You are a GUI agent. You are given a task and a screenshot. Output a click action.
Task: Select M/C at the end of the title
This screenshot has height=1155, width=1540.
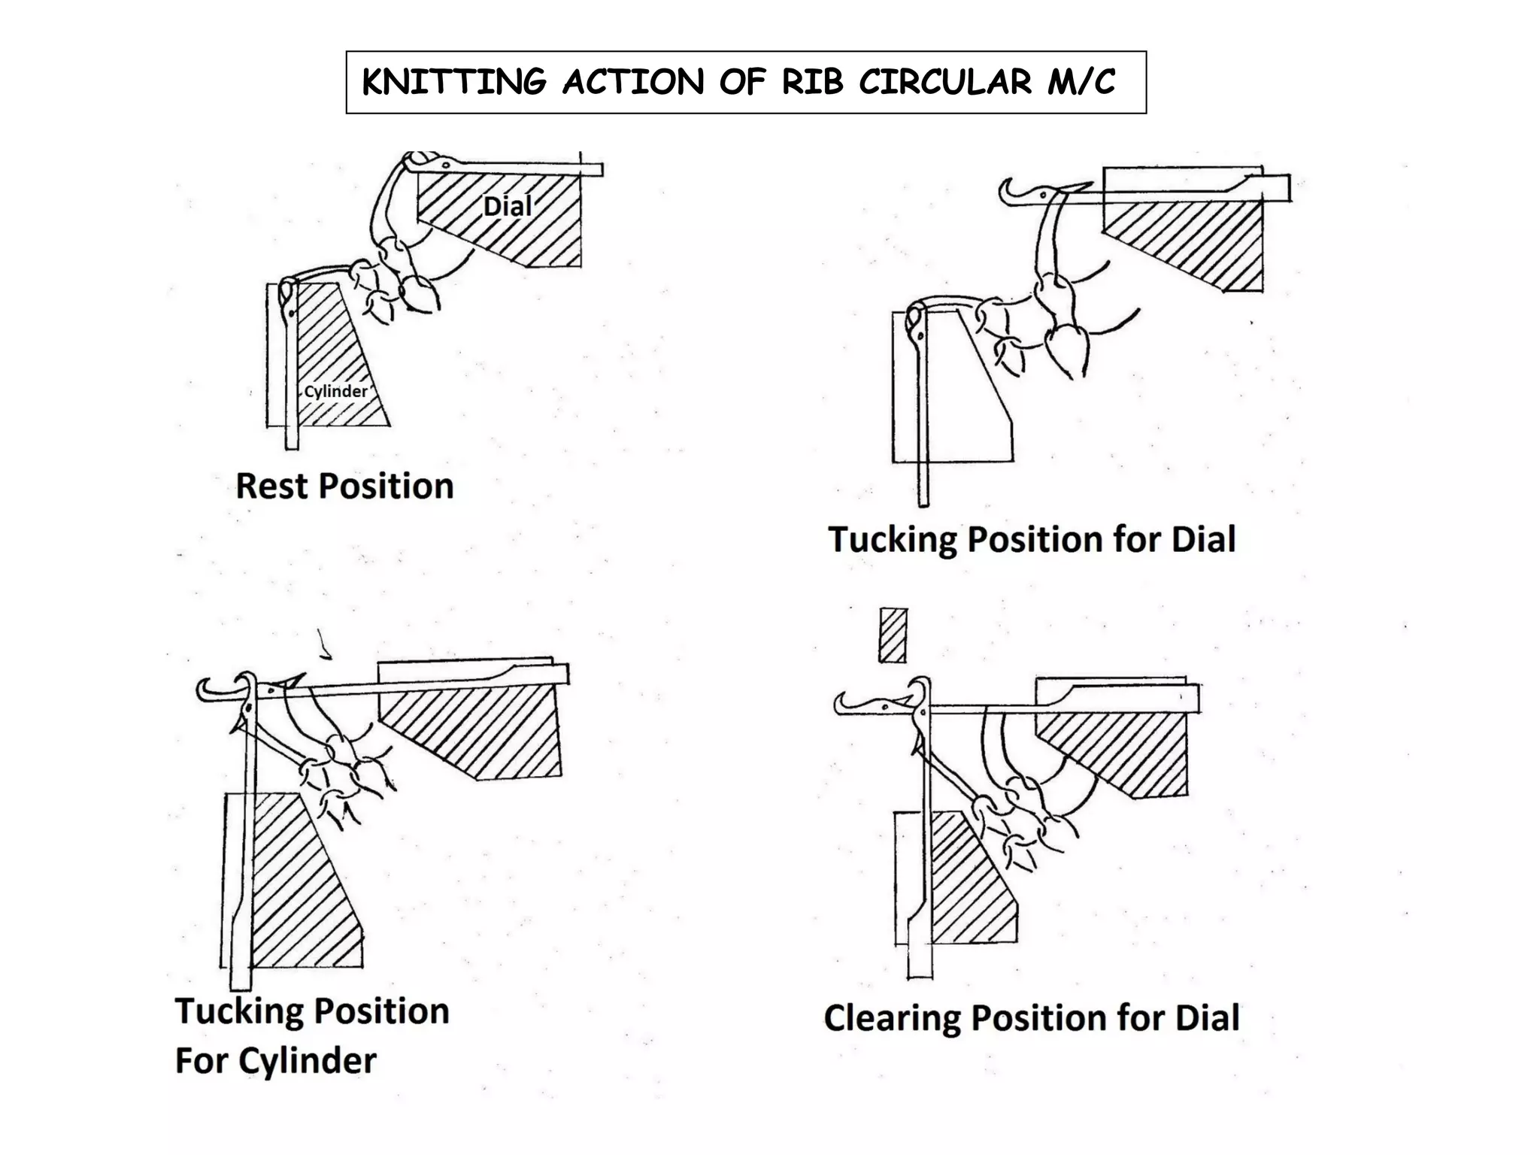[1081, 83]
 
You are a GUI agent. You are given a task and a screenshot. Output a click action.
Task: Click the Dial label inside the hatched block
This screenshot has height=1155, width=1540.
[508, 206]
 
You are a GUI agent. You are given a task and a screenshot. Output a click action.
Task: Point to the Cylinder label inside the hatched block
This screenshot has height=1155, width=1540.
[335, 391]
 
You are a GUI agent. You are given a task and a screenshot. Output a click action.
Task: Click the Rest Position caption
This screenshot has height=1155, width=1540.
[344, 486]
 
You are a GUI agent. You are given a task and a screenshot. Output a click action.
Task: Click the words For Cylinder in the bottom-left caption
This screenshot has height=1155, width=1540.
[275, 1061]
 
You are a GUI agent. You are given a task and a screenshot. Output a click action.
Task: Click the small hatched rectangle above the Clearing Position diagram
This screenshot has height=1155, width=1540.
[893, 635]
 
